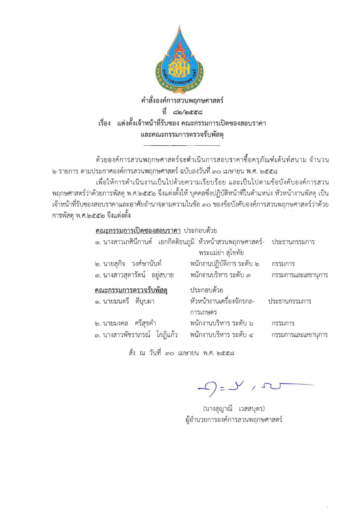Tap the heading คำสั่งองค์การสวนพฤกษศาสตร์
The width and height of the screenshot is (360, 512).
click(x=182, y=100)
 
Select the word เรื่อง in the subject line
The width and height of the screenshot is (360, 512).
click(x=104, y=123)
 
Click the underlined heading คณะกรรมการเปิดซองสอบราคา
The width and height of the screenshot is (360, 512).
click(x=138, y=230)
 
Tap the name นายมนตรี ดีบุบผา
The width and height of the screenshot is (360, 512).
click(x=125, y=301)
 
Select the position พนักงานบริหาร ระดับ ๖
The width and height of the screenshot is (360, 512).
click(x=222, y=323)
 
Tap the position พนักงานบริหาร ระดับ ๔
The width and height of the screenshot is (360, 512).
click(x=222, y=335)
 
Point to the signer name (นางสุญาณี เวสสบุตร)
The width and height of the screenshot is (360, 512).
click(x=234, y=409)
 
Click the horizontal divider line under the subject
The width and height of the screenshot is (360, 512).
click(x=182, y=145)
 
